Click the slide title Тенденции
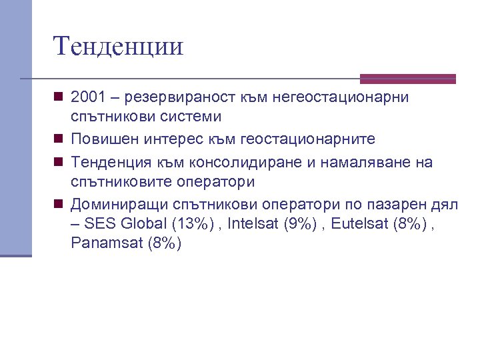(118, 47)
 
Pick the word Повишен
(106, 139)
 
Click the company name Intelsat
(253, 223)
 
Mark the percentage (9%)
(300, 223)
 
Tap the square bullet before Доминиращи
(59, 204)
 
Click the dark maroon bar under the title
(408, 78)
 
